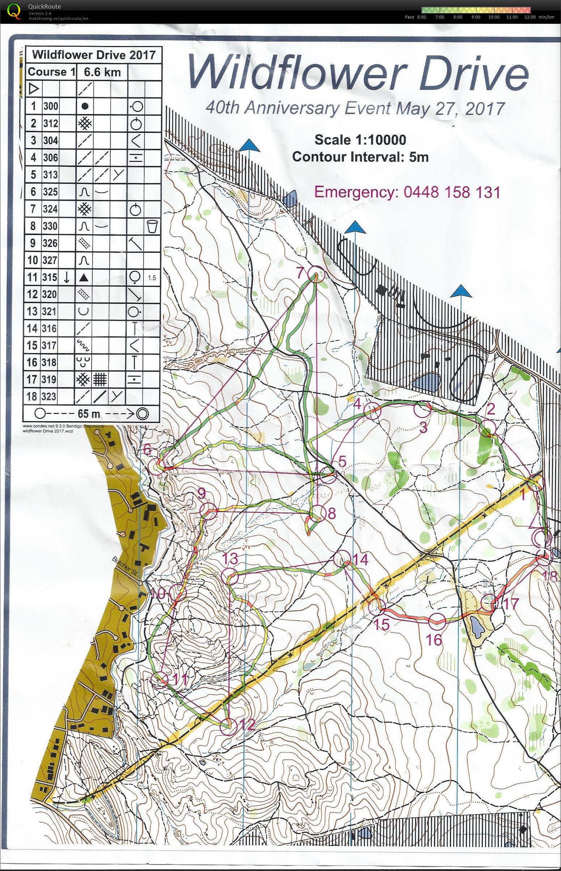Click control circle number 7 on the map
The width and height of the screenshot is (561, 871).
pos(315,274)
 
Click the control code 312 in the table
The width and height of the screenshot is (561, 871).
pos(51,123)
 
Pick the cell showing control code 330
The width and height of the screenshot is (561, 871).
pos(51,226)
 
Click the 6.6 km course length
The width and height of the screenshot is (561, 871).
pos(102,72)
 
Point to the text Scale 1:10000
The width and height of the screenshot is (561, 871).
pos(360,139)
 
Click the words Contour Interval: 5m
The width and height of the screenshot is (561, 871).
pos(360,157)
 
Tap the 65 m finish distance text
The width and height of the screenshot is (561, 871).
pos(88,414)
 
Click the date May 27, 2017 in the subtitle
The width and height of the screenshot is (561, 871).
pos(451,108)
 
